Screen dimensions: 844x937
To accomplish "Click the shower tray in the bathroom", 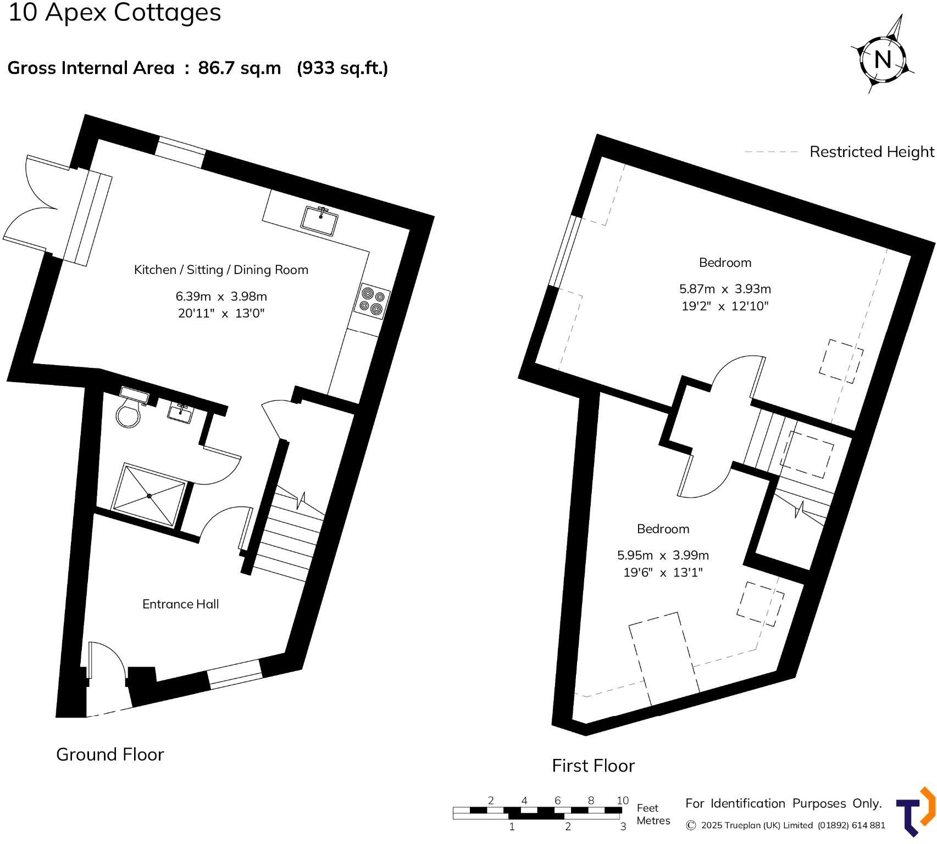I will [x=149, y=495].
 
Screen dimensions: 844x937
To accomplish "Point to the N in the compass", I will [x=882, y=59].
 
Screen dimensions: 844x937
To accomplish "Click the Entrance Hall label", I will [x=180, y=604].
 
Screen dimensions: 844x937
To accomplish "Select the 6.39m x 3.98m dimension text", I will [x=221, y=297].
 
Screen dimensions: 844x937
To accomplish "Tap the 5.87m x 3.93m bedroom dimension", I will [x=724, y=289].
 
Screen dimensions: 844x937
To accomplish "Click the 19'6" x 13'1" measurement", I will [x=663, y=573].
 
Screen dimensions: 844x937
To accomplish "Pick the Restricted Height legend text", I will [x=871, y=152].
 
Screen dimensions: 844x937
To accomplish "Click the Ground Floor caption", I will [x=110, y=754].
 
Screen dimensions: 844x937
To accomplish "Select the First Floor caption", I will [x=593, y=765].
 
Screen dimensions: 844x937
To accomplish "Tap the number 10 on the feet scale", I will [x=622, y=800].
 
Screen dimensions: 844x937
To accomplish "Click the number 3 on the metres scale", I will [x=623, y=826].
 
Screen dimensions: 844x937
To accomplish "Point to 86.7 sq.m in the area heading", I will [x=239, y=68].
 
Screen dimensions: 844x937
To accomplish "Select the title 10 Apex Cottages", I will [x=114, y=13].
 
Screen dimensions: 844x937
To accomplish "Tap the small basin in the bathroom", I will [x=180, y=413].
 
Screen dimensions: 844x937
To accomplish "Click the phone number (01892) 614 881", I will [x=851, y=825].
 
